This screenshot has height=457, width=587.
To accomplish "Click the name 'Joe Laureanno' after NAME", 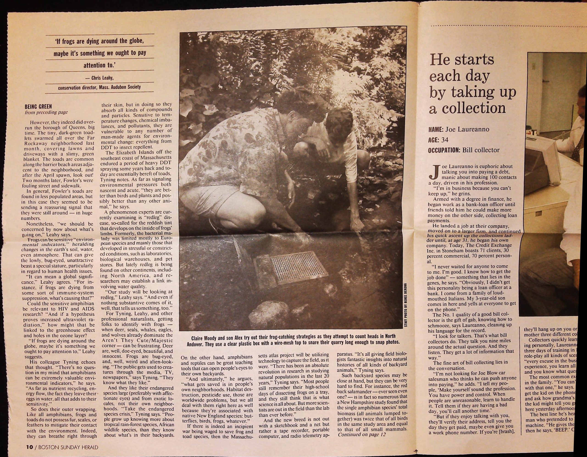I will (x=467, y=129).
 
